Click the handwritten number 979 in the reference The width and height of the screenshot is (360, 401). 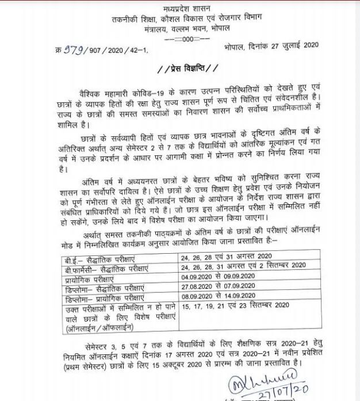[72, 49]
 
